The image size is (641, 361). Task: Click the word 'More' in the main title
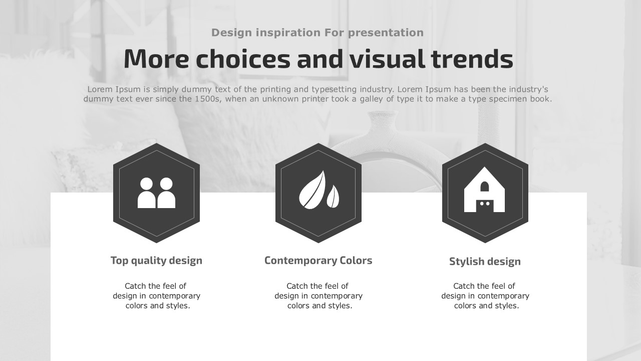(x=156, y=59)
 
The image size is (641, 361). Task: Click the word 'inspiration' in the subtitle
(x=288, y=33)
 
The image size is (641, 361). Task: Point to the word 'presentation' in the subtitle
(x=386, y=33)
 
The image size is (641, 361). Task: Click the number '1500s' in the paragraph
(x=208, y=99)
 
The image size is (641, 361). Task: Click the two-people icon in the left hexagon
(x=157, y=193)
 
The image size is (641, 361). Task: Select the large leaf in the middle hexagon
(x=312, y=190)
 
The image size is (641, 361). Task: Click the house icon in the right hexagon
(x=484, y=190)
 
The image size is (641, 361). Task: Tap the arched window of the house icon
(x=484, y=187)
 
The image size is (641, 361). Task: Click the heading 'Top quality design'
(x=157, y=261)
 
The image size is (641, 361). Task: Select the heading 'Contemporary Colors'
(x=318, y=260)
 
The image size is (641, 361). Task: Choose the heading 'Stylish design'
(x=485, y=262)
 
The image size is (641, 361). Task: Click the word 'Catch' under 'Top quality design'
(x=135, y=286)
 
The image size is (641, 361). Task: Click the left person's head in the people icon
(x=147, y=184)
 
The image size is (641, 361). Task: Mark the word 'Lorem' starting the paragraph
(x=100, y=89)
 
